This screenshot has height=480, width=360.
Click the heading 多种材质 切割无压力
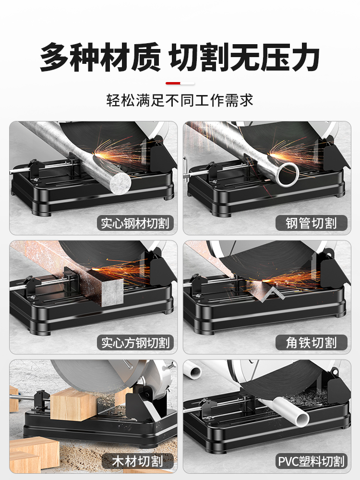pyautogui.click(x=180, y=58)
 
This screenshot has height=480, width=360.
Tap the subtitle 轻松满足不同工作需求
pyautogui.click(x=180, y=100)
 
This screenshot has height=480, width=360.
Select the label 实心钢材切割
pyautogui.click(x=135, y=223)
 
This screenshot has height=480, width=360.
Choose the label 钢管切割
pyautogui.click(x=312, y=223)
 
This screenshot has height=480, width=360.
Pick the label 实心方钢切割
pyautogui.click(x=135, y=343)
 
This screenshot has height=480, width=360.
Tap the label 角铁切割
pyautogui.click(x=312, y=343)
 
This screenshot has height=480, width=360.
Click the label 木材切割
pyautogui.click(x=138, y=461)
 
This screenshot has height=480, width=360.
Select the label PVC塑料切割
pyautogui.click(x=312, y=461)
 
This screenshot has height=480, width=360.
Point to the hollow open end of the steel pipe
pyautogui.click(x=288, y=174)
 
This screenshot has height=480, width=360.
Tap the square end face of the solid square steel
pyautogui.click(x=112, y=293)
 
